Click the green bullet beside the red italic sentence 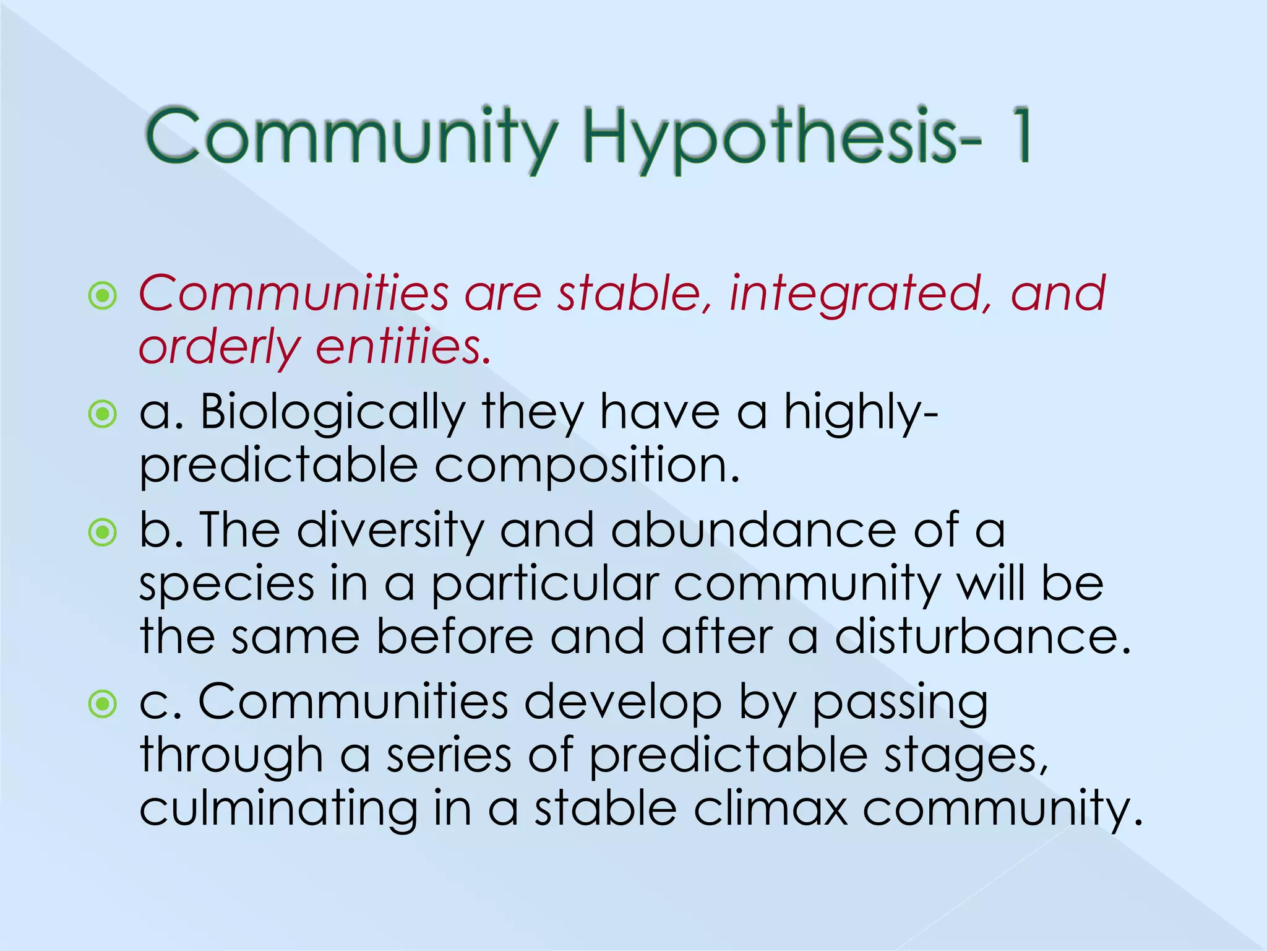click(103, 296)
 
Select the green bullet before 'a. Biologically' click(103, 414)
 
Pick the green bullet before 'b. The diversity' click(103, 532)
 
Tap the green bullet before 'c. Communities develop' click(103, 703)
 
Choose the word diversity click(390, 531)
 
